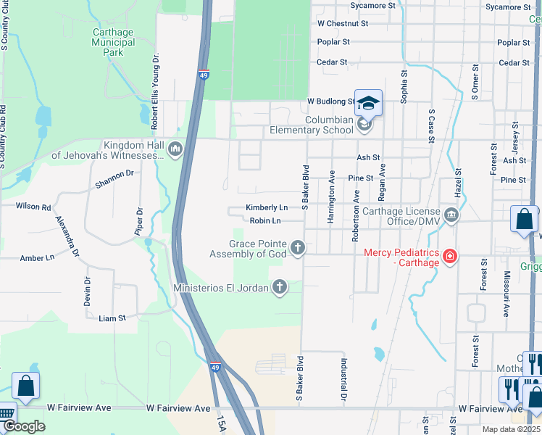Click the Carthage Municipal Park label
(x=113, y=42)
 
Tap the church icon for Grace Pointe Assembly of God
(x=297, y=249)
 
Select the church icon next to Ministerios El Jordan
(x=279, y=288)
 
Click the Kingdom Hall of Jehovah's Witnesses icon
(x=175, y=149)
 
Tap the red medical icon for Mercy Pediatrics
(x=449, y=256)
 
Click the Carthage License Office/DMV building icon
(x=451, y=215)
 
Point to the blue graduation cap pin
(x=368, y=104)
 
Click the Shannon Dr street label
(x=114, y=179)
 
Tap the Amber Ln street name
(x=37, y=257)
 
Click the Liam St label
(x=112, y=318)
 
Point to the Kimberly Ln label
(x=266, y=207)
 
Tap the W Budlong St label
(x=330, y=101)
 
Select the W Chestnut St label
(x=343, y=23)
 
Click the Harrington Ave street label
(x=332, y=196)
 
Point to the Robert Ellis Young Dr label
(x=155, y=92)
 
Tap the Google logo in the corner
(x=24, y=426)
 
